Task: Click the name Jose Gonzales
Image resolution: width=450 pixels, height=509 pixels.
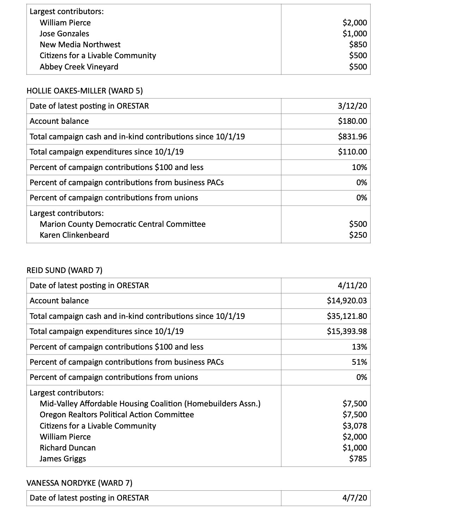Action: point(64,34)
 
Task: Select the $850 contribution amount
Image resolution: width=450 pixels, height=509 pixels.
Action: point(358,44)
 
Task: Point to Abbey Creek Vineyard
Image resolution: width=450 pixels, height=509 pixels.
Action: point(79,67)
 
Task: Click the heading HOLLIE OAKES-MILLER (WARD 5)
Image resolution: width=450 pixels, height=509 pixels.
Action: point(85,91)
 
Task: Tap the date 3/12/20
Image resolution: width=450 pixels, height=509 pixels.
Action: point(352,106)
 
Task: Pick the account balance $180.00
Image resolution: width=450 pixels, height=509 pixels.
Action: point(352,121)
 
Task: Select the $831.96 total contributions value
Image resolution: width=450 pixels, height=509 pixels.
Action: point(352,137)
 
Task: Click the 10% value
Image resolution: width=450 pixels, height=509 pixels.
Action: point(359,167)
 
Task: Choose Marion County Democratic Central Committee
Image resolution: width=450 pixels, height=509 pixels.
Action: point(122,224)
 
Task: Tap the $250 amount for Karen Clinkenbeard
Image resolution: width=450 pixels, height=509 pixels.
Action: point(358,235)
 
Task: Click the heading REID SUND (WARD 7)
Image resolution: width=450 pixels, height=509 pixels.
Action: point(65,270)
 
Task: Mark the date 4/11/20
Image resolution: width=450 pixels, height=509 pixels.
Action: point(352,285)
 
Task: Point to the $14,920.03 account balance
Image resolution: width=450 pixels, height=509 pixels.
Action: point(347,301)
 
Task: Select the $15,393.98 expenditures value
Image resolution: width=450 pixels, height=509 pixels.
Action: point(347,331)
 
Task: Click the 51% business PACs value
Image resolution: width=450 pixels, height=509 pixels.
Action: point(359,362)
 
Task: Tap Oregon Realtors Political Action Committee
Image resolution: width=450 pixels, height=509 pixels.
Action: point(117,414)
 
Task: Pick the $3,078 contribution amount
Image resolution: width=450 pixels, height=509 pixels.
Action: point(355,426)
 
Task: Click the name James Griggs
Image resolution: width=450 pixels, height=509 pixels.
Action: point(63,459)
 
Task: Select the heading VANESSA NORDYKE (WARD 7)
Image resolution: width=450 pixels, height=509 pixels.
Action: point(79,483)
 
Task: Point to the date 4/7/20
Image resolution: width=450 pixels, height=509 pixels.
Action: point(354,498)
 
